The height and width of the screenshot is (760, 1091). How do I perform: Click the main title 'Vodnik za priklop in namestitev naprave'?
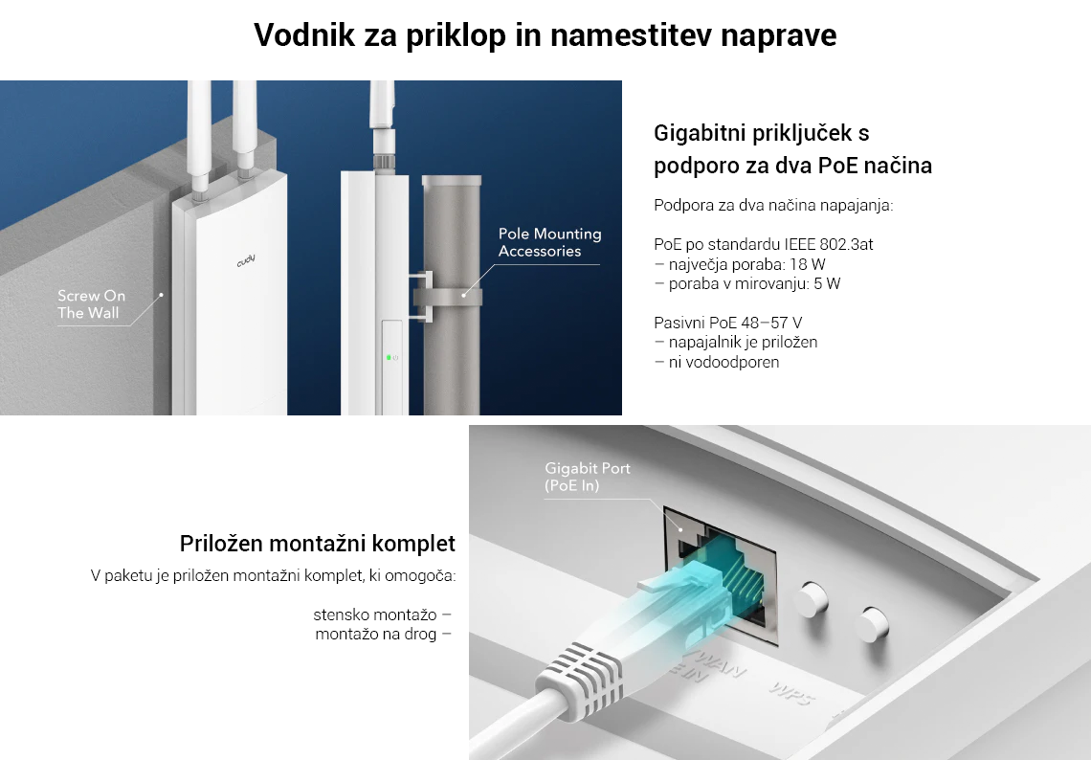pos(545,34)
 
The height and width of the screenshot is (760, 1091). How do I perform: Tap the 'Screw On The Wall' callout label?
pos(91,304)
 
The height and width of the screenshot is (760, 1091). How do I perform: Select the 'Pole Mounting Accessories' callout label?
pos(549,242)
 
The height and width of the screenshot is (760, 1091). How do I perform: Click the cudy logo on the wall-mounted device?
pos(246,261)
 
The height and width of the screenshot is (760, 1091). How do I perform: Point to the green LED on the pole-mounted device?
pos(389,358)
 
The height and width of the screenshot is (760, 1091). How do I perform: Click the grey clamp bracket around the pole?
pos(441,297)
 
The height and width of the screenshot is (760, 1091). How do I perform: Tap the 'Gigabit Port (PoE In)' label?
pos(588,477)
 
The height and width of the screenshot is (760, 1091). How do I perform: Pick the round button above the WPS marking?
pos(873,623)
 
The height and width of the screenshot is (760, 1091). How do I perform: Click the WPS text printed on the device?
pos(791,693)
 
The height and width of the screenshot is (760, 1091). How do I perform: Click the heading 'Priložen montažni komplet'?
pos(318,544)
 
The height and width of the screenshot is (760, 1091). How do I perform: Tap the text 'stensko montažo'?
pos(375,615)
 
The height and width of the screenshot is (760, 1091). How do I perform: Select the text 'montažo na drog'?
pos(376,634)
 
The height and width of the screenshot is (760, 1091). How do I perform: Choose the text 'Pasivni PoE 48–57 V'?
pos(727,323)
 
